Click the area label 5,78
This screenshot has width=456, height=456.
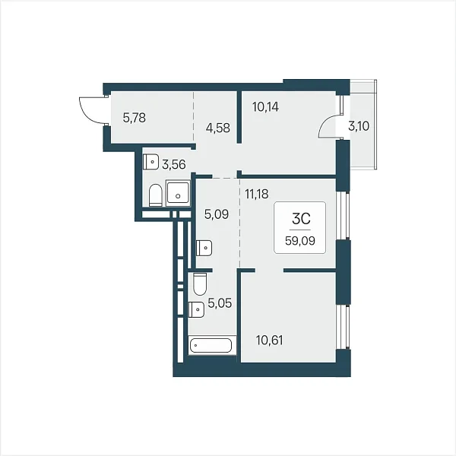point(134,118)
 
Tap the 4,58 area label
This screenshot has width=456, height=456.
point(217,128)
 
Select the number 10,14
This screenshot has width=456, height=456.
point(265,107)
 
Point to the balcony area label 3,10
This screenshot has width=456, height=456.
point(359,126)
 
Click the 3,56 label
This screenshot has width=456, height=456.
point(173,165)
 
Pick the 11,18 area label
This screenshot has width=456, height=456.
point(257,194)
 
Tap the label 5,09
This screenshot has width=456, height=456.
point(217,214)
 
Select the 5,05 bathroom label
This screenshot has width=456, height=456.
point(220,303)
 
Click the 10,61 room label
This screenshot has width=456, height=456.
point(269,340)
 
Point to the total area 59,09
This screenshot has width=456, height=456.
point(300,241)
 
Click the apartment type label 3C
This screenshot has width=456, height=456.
point(301,219)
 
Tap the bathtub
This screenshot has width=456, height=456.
point(211,346)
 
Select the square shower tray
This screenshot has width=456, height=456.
point(178,193)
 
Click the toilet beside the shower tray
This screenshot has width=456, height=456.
point(155,195)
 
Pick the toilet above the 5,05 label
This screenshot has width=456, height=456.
point(200,283)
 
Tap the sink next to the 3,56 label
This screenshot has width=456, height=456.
point(150,162)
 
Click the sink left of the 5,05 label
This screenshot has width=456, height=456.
point(196,309)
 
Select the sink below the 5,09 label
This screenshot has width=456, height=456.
point(204,248)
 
